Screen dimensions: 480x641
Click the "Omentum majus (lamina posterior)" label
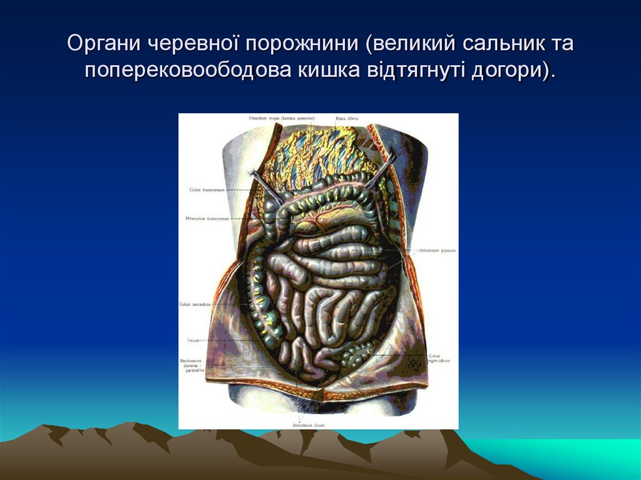[281, 118]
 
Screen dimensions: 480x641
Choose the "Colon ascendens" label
[195, 304]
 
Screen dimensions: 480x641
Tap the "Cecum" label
[192, 340]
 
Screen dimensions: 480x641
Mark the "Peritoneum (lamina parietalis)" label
[192, 365]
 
